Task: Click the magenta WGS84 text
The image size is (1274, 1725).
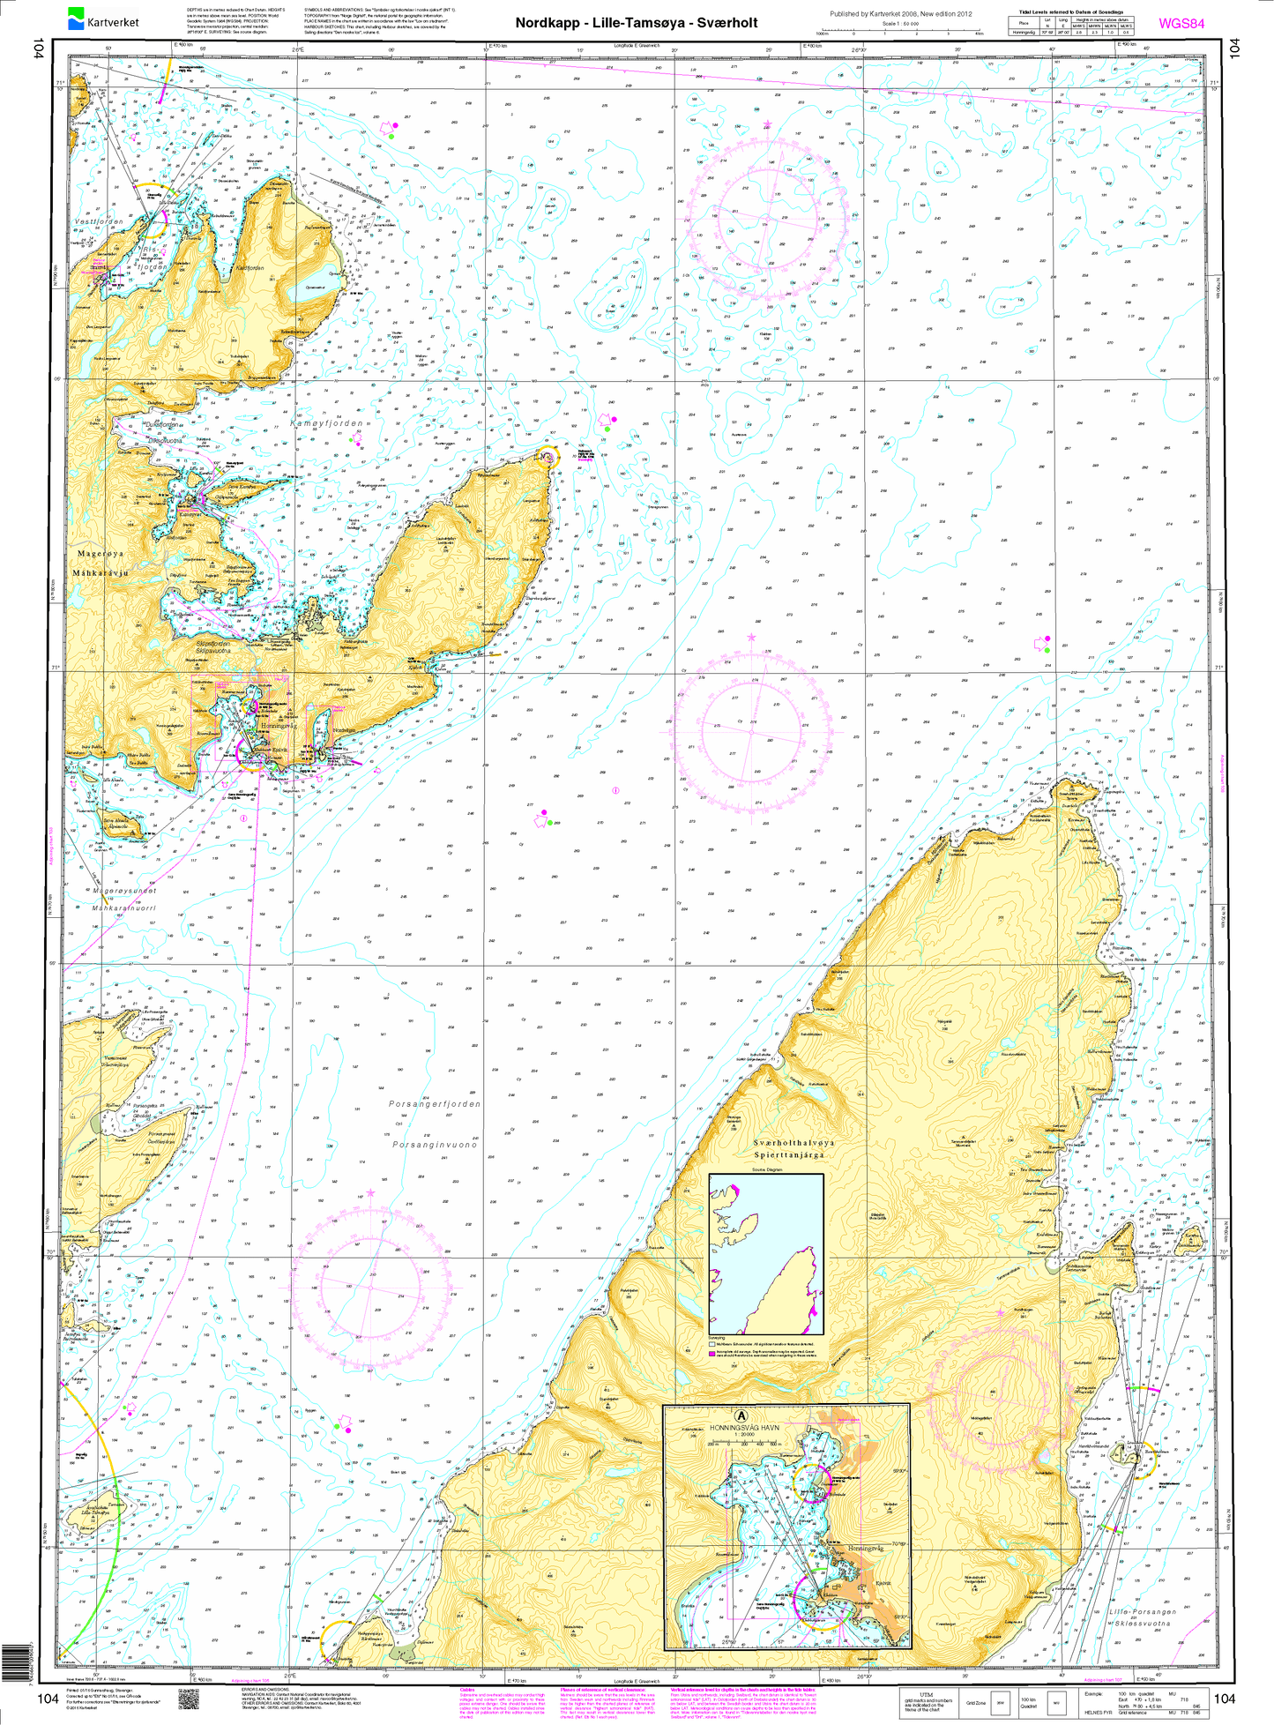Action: coord(1181,24)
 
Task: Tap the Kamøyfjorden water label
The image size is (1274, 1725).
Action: coord(326,424)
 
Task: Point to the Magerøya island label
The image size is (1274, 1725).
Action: coord(101,554)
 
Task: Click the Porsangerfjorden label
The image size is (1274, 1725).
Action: coord(435,1104)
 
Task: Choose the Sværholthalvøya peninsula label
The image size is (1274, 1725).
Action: coord(793,1143)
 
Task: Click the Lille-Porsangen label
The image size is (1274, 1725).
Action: coord(1143,1612)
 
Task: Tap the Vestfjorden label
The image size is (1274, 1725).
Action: coord(99,221)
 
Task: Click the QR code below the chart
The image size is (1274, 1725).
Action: coord(188,1698)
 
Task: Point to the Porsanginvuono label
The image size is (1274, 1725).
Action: coord(435,1144)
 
